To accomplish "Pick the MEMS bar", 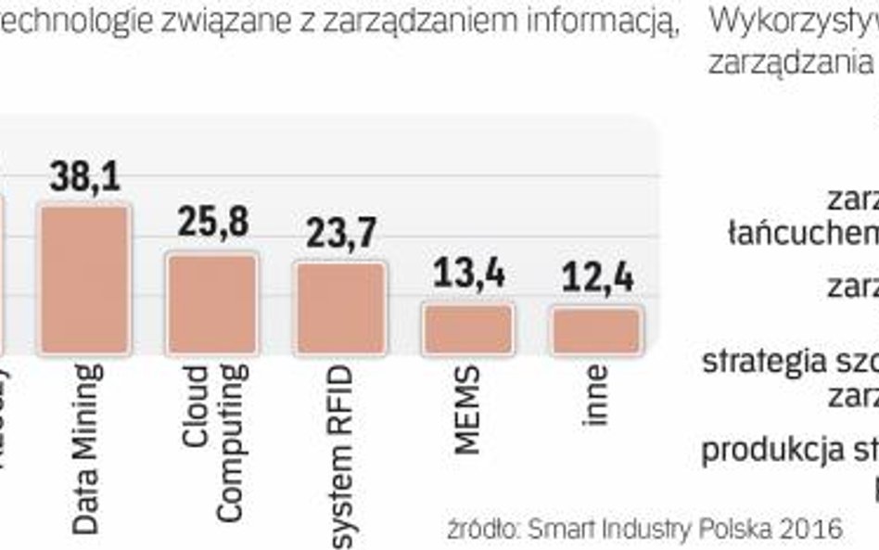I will pyautogui.click(x=468, y=329).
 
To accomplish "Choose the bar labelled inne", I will pyautogui.click(x=596, y=331).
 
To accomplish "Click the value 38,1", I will pyautogui.click(x=85, y=176).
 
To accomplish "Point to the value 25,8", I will pyautogui.click(x=212, y=224).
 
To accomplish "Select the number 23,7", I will pyautogui.click(x=340, y=233).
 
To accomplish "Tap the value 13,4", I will pyautogui.click(x=468, y=275).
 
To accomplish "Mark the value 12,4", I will pyautogui.click(x=596, y=276).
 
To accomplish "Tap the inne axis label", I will pyautogui.click(x=598, y=396).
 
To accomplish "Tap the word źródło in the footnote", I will pyautogui.click(x=482, y=529).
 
